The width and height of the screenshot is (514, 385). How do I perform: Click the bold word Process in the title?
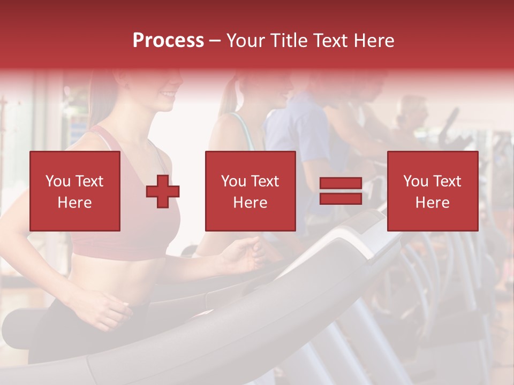[168, 41]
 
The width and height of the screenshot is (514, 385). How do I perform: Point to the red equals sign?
[341, 191]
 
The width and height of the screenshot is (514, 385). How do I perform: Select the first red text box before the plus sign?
[75, 191]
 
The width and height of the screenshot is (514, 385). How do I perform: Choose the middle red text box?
[250, 191]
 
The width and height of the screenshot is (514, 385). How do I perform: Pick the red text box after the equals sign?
[432, 191]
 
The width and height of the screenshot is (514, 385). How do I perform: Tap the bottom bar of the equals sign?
[341, 198]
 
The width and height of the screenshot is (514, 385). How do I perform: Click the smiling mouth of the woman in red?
[168, 95]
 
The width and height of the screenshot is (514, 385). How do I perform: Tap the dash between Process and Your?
[215, 41]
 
